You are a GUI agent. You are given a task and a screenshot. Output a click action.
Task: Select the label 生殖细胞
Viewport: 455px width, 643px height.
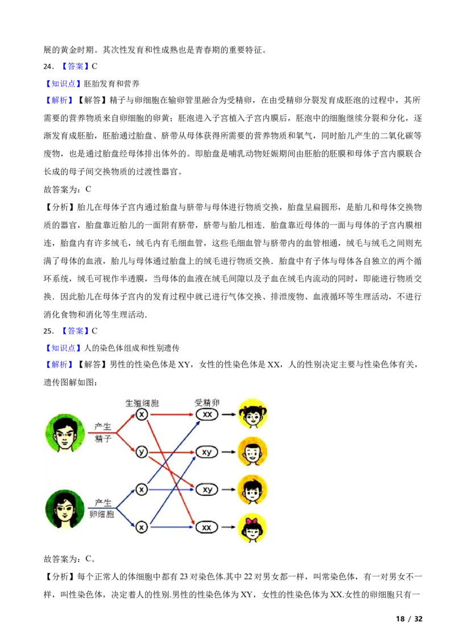click(x=142, y=403)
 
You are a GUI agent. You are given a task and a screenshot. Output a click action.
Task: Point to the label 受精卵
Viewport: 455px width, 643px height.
click(x=207, y=403)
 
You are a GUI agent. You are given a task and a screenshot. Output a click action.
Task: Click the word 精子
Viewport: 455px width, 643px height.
click(x=103, y=439)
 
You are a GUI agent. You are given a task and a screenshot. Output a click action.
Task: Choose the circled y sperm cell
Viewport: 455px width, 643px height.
click(x=142, y=452)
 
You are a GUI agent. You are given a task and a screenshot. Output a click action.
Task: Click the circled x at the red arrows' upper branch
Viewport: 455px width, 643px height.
click(x=142, y=415)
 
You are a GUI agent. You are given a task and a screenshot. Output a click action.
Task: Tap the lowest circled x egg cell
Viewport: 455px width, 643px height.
click(x=142, y=527)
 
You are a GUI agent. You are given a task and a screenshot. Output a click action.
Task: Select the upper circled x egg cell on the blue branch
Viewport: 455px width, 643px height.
click(x=142, y=489)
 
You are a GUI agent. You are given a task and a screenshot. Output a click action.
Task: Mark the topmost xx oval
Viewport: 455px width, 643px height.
click(x=207, y=415)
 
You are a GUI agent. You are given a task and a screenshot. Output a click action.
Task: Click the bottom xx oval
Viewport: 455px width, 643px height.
click(x=207, y=527)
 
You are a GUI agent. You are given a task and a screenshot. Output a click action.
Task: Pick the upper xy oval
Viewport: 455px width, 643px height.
click(x=207, y=452)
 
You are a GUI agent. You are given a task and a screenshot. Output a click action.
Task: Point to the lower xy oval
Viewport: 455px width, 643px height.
click(x=207, y=489)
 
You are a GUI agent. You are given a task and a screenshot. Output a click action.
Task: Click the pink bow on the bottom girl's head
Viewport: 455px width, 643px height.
click(x=252, y=520)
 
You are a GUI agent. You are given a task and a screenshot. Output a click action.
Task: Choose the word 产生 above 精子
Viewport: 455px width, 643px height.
click(x=103, y=427)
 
